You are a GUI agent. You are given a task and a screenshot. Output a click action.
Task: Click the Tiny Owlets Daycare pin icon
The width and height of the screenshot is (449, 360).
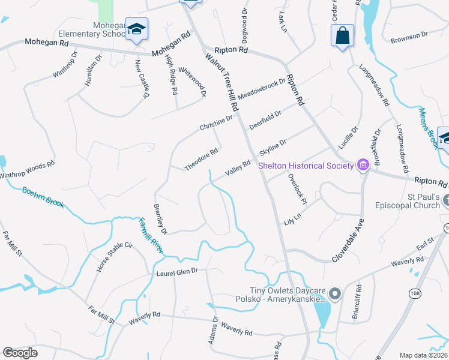pos(335,294)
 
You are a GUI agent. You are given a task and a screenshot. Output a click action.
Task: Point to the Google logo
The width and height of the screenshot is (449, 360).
pos(20,353)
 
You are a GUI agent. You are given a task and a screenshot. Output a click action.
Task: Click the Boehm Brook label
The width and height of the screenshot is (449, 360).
pos(43,198)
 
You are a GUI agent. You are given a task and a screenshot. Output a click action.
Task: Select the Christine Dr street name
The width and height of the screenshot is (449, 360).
pos(216,122)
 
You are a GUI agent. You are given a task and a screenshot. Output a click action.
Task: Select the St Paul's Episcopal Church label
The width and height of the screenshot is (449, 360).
pos(416,200)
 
